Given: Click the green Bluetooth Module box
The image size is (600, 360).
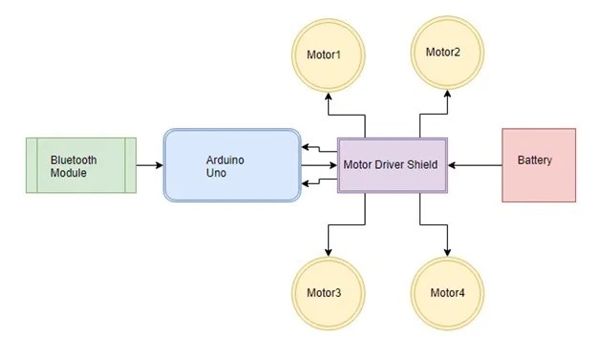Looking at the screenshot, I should (x=80, y=165).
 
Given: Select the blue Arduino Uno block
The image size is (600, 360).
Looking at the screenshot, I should (x=232, y=165).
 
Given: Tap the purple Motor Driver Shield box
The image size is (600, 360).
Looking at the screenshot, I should (x=394, y=165).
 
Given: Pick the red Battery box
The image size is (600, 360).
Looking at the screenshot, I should (x=539, y=165).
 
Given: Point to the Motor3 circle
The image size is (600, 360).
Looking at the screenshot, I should (x=328, y=291).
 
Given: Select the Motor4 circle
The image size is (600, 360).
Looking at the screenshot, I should (x=447, y=291).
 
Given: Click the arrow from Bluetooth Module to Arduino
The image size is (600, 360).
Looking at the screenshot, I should (x=149, y=165).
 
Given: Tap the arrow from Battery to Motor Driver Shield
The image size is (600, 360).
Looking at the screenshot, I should (x=476, y=165).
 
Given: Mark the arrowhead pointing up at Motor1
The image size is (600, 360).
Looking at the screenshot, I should (x=328, y=95).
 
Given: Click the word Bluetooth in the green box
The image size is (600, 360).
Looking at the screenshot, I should (x=74, y=159).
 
